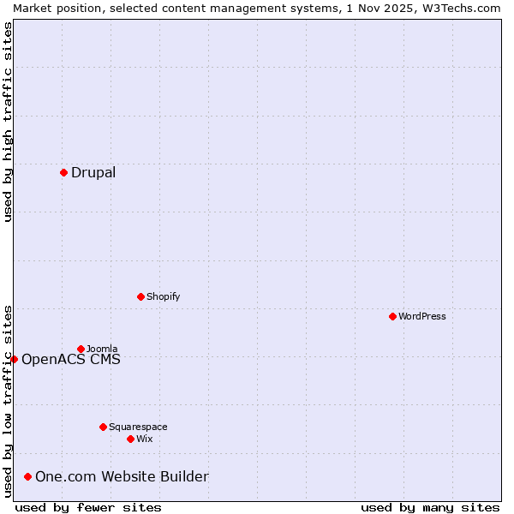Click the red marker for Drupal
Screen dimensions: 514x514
(x=63, y=172)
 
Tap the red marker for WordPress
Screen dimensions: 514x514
(x=392, y=316)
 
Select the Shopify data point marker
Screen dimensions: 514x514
(x=140, y=296)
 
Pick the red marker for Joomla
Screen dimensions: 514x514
(x=81, y=349)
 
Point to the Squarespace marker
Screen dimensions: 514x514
(x=103, y=427)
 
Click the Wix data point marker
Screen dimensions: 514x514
(x=130, y=439)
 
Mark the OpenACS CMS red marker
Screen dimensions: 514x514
(x=14, y=359)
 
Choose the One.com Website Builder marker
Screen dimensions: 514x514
(x=28, y=476)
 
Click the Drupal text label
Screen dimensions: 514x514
(x=93, y=172)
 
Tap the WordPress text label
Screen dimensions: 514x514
(x=422, y=316)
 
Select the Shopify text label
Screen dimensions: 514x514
(x=163, y=296)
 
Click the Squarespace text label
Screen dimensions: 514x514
(x=138, y=427)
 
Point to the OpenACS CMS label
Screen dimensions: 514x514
(x=71, y=359)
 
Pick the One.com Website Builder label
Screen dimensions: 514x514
(x=122, y=476)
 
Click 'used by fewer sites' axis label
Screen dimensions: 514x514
(x=88, y=507)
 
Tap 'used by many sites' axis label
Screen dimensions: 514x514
(x=430, y=507)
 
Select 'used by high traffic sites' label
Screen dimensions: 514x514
(x=8, y=122)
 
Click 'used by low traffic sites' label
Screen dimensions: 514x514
(x=8, y=401)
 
